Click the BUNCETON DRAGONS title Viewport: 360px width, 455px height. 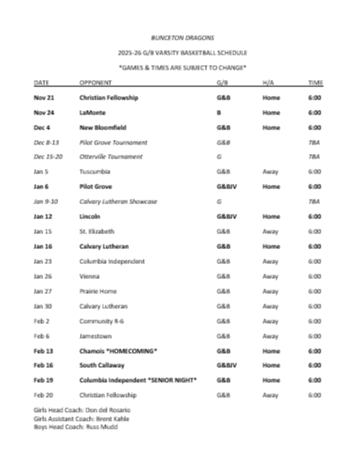click(180, 40)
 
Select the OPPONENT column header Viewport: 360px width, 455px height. click(96, 82)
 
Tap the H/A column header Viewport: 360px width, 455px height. click(268, 82)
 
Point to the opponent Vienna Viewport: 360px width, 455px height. click(92, 275)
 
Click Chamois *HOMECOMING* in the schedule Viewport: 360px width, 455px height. click(118, 350)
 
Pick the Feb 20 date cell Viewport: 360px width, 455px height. click(43, 394)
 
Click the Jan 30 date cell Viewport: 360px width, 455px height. click(43, 305)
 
